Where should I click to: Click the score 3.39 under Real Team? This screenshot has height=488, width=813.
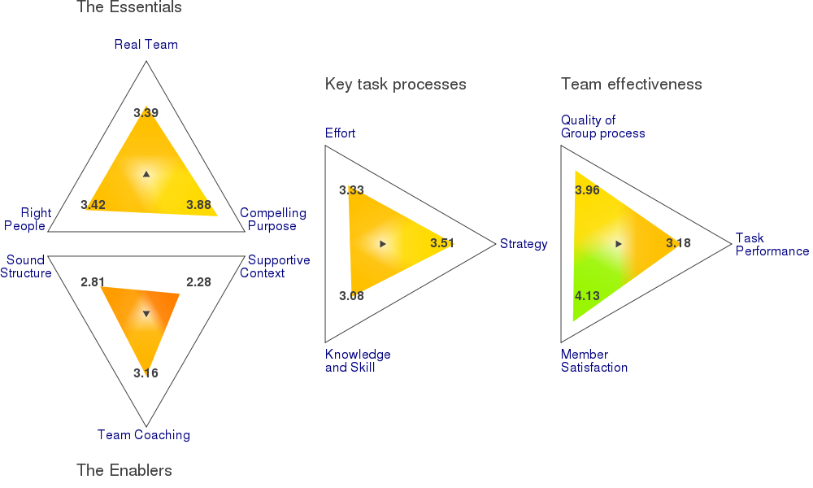pyautogui.click(x=146, y=112)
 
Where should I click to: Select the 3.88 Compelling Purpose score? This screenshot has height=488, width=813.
pyautogui.click(x=198, y=205)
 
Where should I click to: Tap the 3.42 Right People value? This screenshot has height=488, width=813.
pyautogui.click(x=93, y=205)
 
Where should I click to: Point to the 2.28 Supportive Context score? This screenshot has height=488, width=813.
pyautogui.click(x=198, y=282)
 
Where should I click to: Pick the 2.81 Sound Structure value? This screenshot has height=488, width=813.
pyautogui.click(x=93, y=282)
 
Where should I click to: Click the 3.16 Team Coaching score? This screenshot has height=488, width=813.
pyautogui.click(x=146, y=373)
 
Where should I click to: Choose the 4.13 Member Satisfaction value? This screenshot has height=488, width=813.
pyautogui.click(x=587, y=295)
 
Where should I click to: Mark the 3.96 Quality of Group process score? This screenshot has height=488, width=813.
pyautogui.click(x=587, y=190)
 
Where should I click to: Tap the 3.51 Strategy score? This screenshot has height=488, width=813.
pyautogui.click(x=442, y=243)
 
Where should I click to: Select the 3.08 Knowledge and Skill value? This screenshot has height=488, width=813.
pyautogui.click(x=351, y=295)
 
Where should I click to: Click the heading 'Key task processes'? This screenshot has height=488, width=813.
pyautogui.click(x=396, y=85)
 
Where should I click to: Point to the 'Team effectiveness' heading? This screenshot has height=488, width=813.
pyautogui.click(x=632, y=84)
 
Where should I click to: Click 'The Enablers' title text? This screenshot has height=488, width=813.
pyautogui.click(x=124, y=470)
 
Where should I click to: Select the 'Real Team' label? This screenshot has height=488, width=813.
pyautogui.click(x=146, y=45)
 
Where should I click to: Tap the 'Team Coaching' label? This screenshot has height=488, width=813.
pyautogui.click(x=144, y=434)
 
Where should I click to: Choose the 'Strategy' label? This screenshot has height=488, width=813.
pyautogui.click(x=524, y=244)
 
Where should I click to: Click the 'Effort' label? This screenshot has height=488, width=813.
pyautogui.click(x=340, y=133)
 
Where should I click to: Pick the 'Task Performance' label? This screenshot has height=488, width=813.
pyautogui.click(x=772, y=244)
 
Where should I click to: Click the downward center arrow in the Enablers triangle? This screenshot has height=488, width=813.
pyautogui.click(x=146, y=314)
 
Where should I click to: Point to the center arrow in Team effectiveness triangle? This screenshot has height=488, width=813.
pyautogui.click(x=618, y=244)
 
